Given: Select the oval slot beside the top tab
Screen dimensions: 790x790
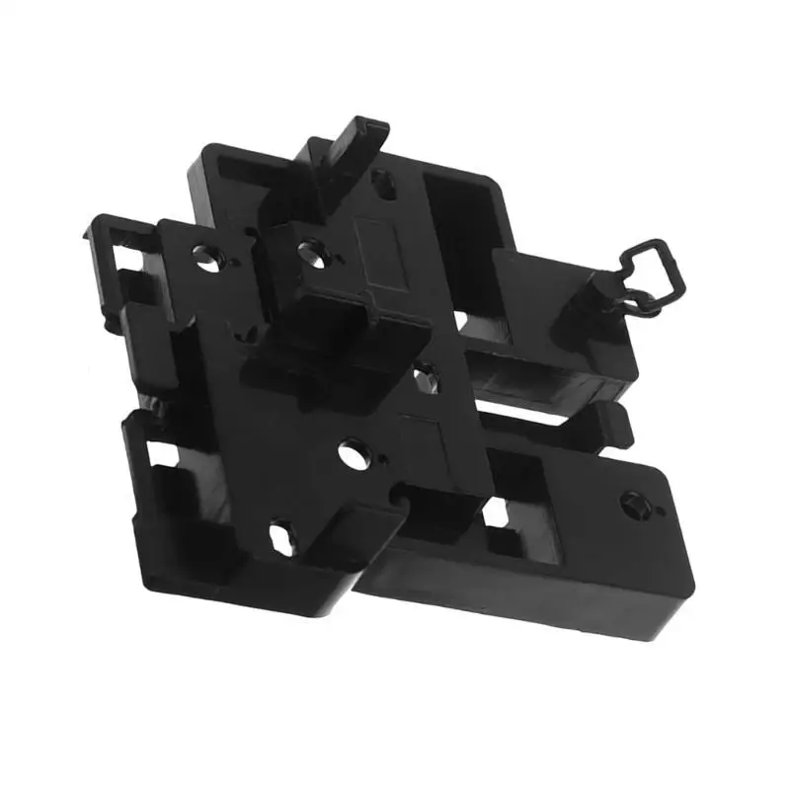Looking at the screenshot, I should coord(384,183).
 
